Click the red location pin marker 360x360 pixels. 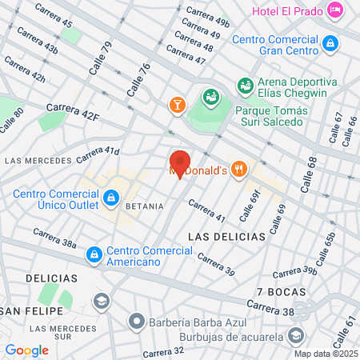pyautogui.click(x=179, y=162)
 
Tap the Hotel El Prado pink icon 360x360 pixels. pyautogui.click(x=335, y=10)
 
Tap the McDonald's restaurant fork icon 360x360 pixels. pyautogui.click(x=239, y=170)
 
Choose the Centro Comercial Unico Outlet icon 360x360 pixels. pyautogui.click(x=111, y=197)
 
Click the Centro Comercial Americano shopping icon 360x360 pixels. pyautogui.click(x=94, y=254)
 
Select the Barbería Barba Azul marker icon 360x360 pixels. pyautogui.click(x=137, y=323)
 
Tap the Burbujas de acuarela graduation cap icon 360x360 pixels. pyautogui.click(x=297, y=335)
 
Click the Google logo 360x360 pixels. pyautogui.click(x=26, y=350)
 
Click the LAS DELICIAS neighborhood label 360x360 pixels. pyautogui.click(x=226, y=237)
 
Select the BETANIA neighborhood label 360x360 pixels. pyautogui.click(x=144, y=206)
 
